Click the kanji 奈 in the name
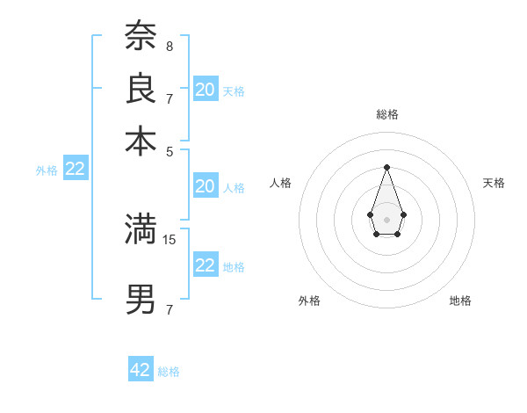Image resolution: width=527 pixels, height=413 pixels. (x=141, y=36)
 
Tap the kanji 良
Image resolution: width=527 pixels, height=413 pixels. (x=141, y=88)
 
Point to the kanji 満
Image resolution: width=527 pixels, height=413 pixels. (x=141, y=229)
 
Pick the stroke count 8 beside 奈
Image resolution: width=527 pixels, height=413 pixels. (x=169, y=46)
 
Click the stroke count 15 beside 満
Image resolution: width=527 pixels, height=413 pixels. (x=170, y=239)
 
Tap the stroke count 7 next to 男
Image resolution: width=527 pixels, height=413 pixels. (x=169, y=309)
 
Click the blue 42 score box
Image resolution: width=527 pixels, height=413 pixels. (x=141, y=370)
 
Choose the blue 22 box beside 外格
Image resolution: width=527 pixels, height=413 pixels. (x=75, y=169)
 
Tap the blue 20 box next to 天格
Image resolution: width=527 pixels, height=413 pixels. (x=206, y=89)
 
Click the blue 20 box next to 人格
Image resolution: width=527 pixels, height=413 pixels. (x=206, y=185)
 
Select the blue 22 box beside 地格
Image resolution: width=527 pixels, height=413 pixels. (x=206, y=265)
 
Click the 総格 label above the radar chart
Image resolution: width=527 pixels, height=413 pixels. (x=386, y=114)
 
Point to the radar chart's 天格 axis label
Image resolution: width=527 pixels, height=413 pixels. (x=494, y=183)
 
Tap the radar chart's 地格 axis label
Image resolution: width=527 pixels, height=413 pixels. (x=460, y=301)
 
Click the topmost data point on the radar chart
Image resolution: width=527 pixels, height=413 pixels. (x=386, y=166)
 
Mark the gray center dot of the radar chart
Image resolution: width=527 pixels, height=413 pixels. (x=386, y=218)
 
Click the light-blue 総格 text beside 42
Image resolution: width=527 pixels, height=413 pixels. (x=169, y=372)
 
